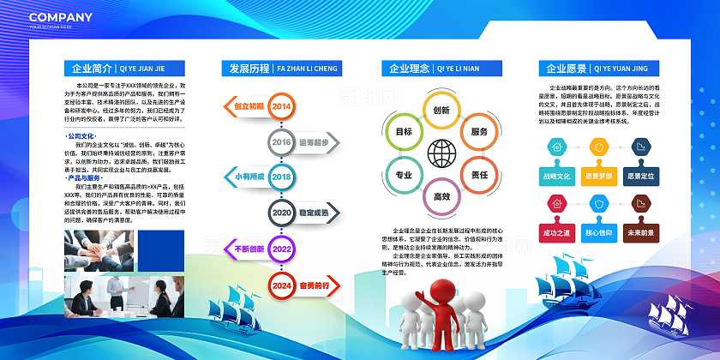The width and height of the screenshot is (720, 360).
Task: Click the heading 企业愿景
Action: [x=561, y=69]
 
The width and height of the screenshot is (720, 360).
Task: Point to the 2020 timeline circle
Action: [x=281, y=212]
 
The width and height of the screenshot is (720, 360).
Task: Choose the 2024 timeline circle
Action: [x=281, y=285]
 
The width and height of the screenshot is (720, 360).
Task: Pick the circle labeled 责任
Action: [x=479, y=175]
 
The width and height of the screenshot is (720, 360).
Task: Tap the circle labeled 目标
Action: [x=403, y=132]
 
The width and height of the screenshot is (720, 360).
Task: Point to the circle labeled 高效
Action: [x=441, y=196]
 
